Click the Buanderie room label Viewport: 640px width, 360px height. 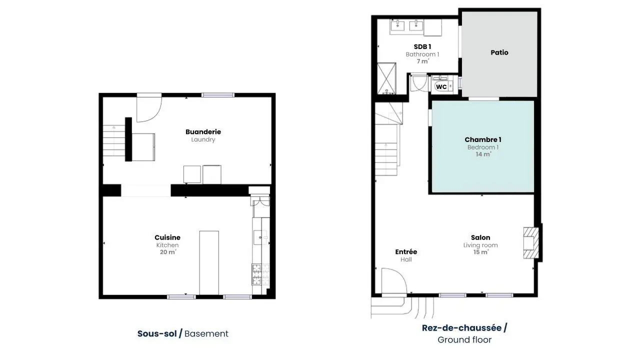pos(203,131)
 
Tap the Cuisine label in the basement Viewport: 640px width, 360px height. pos(167,237)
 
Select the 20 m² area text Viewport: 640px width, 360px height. pos(168,252)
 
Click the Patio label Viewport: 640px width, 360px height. pos(499,52)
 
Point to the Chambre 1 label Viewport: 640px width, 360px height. pos(483,139)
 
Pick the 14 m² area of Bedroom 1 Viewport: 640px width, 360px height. pos(483,154)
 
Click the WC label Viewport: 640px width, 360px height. pos(441,87)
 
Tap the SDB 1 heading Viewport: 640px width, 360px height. pos(422,46)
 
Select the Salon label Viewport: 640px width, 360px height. pos(480,237)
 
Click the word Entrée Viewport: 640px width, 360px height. pos(406,251)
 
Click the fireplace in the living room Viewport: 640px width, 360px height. pos(531,243)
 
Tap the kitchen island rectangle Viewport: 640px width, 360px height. pos(209,263)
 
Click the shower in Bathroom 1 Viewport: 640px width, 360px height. pos(386,78)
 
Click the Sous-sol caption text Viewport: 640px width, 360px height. pos(157,333)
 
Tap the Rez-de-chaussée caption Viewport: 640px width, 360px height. pos(461,327)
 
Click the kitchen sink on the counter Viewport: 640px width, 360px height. pos(260,237)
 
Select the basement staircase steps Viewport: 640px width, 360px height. pos(114,140)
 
